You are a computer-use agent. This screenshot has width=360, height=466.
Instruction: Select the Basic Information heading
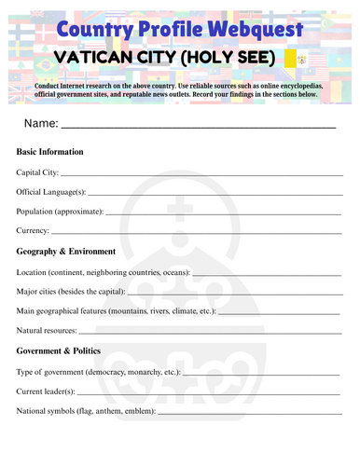point(50,152)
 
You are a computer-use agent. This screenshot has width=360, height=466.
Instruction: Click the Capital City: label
point(38,172)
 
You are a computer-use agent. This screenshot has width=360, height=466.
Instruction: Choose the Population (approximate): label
point(60,212)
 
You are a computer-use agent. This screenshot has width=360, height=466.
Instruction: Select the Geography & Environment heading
point(66,252)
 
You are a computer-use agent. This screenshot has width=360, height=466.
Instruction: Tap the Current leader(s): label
point(46,391)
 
